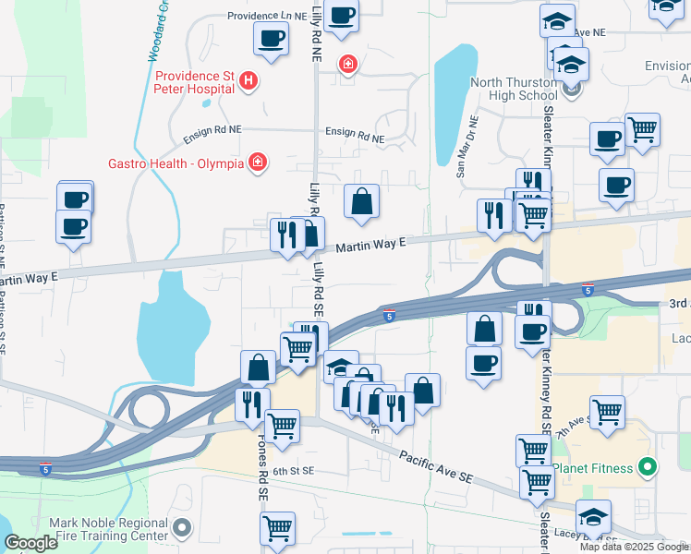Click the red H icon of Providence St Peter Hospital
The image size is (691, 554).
click(248, 82)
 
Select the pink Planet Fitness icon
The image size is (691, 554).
click(648, 468)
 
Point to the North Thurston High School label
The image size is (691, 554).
click(515, 89)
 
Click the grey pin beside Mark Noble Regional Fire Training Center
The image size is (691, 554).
click(182, 529)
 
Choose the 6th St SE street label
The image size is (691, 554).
click(294, 470)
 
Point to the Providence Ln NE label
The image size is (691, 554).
click(267, 17)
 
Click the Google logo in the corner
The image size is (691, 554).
click(31, 543)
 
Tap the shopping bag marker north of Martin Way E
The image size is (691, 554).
click(362, 201)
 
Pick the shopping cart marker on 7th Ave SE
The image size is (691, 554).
click(607, 412)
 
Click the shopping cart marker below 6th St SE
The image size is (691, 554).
click(277, 528)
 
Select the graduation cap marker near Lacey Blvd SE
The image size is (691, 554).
click(593, 516)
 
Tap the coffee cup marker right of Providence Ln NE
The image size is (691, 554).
click(341, 16)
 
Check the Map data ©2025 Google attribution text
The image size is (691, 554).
click(633, 547)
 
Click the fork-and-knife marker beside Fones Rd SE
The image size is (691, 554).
click(251, 403)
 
